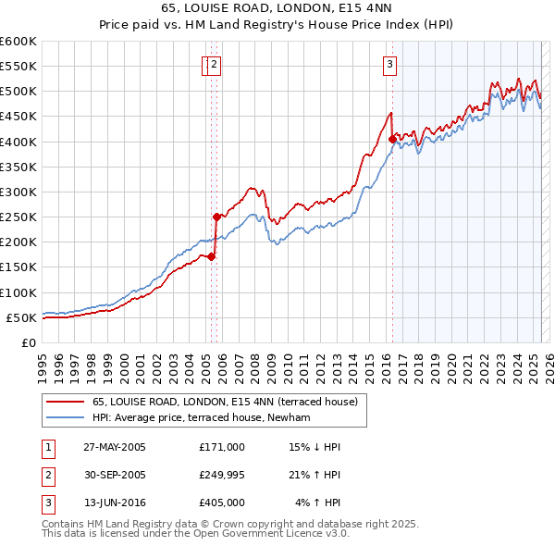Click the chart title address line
[277, 10]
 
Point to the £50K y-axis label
[21, 317]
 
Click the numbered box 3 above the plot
[390, 64]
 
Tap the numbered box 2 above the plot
[214, 64]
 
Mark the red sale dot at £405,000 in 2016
[392, 140]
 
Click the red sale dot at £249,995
[216, 217]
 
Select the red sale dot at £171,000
[211, 256]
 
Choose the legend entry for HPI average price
[200, 418]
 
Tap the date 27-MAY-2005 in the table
[115, 447]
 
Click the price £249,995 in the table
[221, 475]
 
